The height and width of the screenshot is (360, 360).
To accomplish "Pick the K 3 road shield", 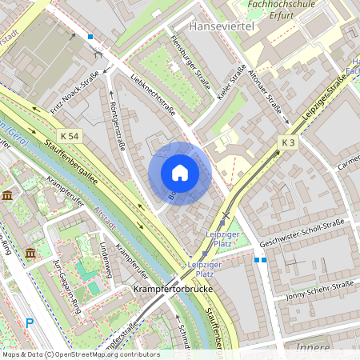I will tap(289, 142).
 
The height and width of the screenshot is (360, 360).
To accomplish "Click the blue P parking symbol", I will tap(30, 323).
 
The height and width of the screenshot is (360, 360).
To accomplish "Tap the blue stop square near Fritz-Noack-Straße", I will tap(90, 37).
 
